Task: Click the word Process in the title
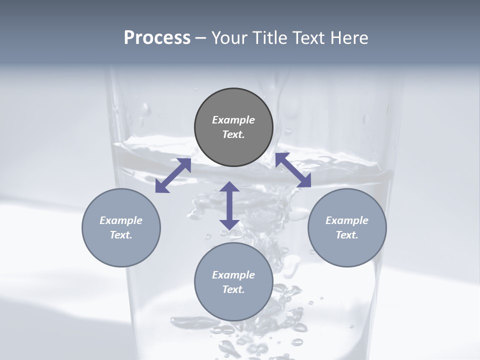coord(157,38)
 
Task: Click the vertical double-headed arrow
coord(229,205)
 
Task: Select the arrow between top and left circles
coord(173,175)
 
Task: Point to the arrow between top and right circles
coord(293,170)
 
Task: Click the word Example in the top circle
coord(233,120)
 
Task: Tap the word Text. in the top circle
coord(233,134)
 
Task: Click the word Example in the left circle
coord(121,220)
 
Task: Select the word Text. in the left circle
coord(121,235)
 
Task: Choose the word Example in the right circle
coord(347,220)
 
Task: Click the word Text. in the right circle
coord(347,235)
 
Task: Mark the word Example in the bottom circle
coord(233,275)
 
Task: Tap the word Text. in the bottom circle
coord(233,289)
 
